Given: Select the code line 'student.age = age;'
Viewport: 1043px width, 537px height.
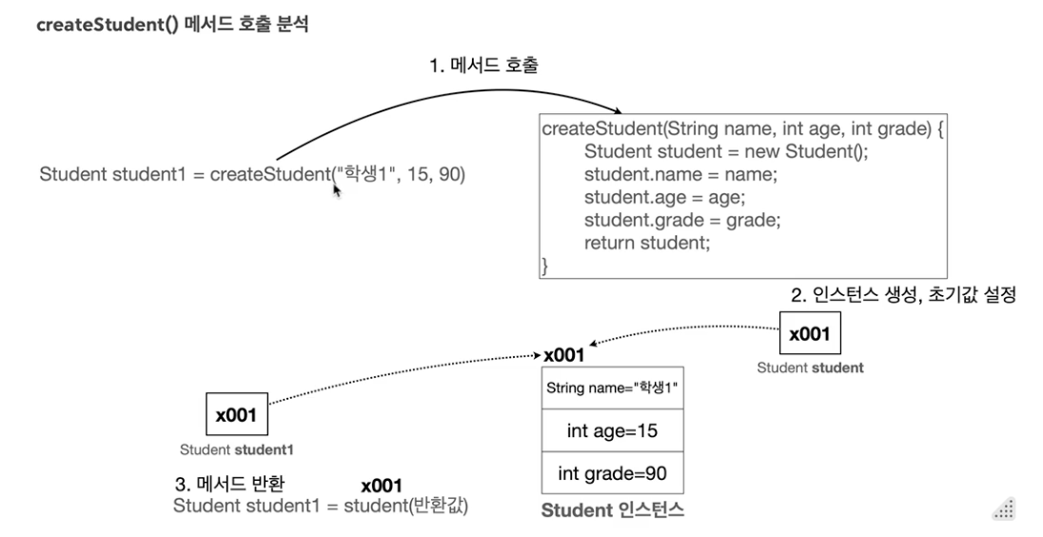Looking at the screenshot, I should [x=652, y=197].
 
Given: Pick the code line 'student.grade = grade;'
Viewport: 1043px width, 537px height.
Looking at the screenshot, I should [x=682, y=220].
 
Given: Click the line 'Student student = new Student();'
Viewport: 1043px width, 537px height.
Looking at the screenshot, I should [x=726, y=151].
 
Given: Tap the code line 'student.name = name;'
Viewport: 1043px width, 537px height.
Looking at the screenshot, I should [x=669, y=174].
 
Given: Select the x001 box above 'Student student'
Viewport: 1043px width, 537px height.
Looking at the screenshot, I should [x=810, y=334].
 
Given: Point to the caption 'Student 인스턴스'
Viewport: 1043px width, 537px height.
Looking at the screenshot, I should [x=613, y=511].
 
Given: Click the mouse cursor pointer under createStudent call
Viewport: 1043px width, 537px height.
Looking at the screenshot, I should [x=336, y=190].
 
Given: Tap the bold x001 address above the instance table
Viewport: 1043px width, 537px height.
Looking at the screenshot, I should [x=564, y=355].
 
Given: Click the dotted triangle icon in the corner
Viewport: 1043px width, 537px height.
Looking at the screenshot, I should [x=1004, y=509].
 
